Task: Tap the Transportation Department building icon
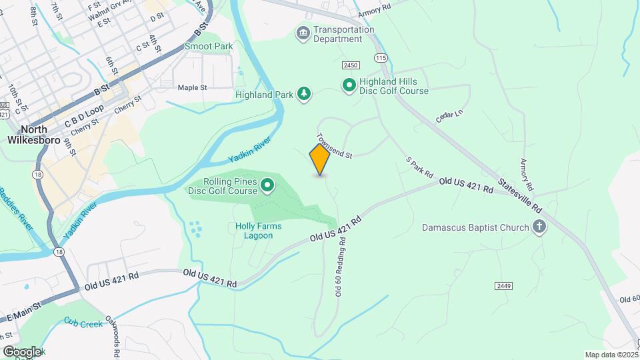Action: [303, 33]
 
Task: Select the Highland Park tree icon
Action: [304, 94]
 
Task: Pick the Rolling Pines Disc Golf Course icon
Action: [267, 185]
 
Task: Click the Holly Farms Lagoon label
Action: [259, 231]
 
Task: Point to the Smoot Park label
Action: [209, 47]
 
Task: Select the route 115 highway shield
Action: [381, 59]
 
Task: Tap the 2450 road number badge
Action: [351, 65]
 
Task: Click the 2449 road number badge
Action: [503, 285]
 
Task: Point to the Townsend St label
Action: [334, 146]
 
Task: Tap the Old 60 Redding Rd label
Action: [338, 267]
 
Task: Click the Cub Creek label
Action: [83, 323]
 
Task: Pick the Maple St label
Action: [193, 87]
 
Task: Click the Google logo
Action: [21, 351]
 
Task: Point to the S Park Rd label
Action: [420, 167]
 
